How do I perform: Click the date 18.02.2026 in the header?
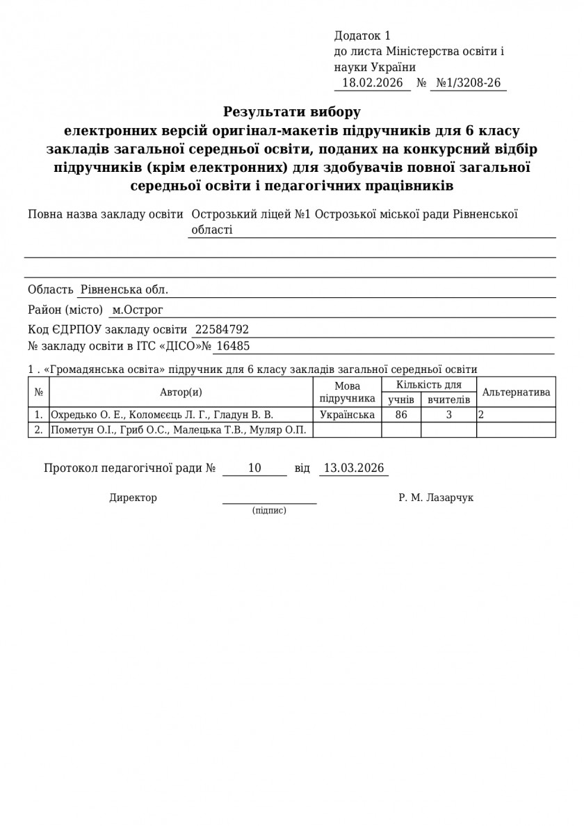tap(373, 83)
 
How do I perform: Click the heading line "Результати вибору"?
tap(292, 111)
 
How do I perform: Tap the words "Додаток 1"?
tap(362, 35)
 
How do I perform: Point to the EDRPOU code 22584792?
tap(222, 330)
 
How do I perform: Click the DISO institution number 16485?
tap(232, 346)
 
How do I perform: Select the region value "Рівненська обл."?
tap(124, 289)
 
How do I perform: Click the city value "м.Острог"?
tap(138, 310)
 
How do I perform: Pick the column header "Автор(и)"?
tap(181, 392)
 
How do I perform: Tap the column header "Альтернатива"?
tap(516, 392)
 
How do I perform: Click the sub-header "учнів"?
tap(401, 399)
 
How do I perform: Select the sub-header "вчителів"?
tap(448, 399)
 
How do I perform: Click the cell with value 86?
tap(401, 415)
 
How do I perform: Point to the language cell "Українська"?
tap(347, 415)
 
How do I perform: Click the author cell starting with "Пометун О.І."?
tap(179, 430)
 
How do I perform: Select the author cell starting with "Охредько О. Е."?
tap(162, 415)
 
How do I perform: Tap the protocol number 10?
tap(254, 468)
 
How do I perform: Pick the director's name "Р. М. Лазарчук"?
tap(436, 498)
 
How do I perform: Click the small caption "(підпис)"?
tap(269, 511)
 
